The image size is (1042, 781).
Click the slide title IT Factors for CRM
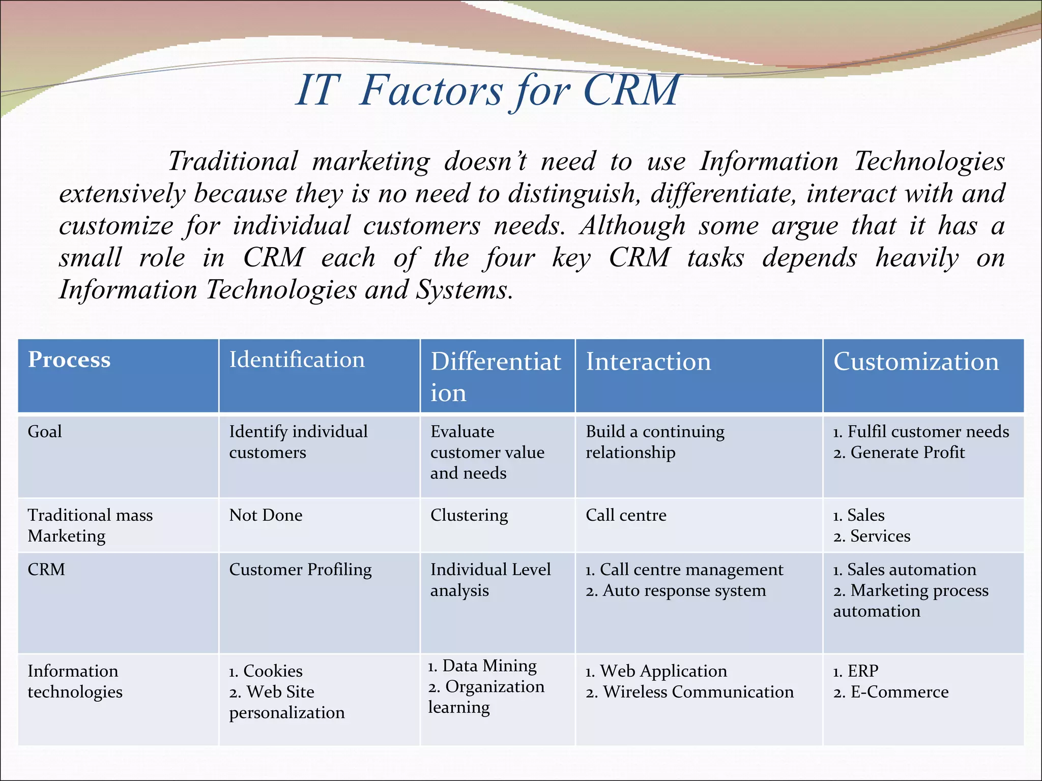coord(487,91)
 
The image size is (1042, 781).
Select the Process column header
coord(69,360)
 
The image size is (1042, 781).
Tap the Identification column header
coord(297,360)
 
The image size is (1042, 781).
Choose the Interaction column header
coord(648,362)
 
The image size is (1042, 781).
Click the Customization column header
coord(915,362)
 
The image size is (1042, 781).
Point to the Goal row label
coord(45,432)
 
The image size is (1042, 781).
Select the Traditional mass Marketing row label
coord(90,525)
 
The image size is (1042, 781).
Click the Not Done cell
coord(266,515)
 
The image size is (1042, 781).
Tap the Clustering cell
coord(469,515)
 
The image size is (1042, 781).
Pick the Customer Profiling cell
coord(300,569)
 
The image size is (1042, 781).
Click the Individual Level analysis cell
coord(490,580)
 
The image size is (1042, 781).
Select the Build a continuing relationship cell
coord(655,442)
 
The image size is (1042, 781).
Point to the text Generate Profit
coord(907,453)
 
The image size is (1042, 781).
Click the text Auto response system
coord(684,591)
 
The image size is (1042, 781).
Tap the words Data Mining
coord(489,666)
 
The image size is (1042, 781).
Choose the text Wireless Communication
coord(698,692)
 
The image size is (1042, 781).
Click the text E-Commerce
coord(899,692)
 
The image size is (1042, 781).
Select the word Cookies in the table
coord(273,671)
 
